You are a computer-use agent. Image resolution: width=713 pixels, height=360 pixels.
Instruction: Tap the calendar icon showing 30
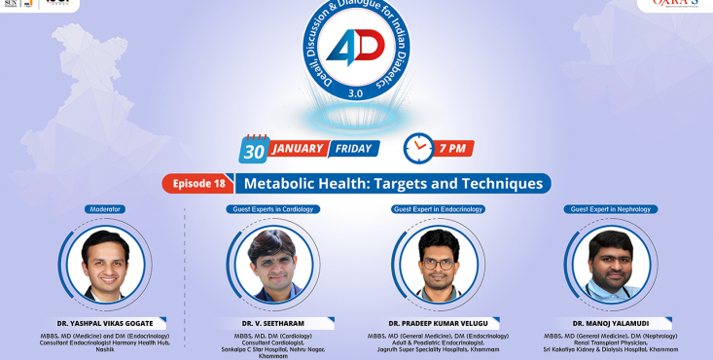[x=254, y=148]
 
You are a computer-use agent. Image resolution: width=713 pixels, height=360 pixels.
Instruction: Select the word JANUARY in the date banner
[x=298, y=149]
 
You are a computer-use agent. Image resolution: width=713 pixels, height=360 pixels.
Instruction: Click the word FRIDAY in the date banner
[x=352, y=149]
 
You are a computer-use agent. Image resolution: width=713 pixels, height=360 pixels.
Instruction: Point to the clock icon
[x=418, y=148]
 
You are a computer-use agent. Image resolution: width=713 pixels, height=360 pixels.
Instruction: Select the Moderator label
[x=106, y=209]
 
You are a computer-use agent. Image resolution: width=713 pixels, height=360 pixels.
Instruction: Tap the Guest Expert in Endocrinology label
[x=440, y=209]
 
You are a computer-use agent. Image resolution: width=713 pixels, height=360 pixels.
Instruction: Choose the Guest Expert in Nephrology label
[x=611, y=209]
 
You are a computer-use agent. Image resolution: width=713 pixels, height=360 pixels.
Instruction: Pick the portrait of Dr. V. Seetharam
[x=273, y=264]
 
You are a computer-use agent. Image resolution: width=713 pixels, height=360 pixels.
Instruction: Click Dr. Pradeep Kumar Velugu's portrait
[x=439, y=264]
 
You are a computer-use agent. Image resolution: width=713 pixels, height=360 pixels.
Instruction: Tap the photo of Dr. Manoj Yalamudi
[x=610, y=264]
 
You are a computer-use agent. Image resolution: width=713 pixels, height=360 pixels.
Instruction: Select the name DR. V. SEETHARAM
[x=274, y=323]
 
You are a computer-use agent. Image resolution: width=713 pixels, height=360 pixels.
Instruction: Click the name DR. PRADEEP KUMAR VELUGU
[x=439, y=322]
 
